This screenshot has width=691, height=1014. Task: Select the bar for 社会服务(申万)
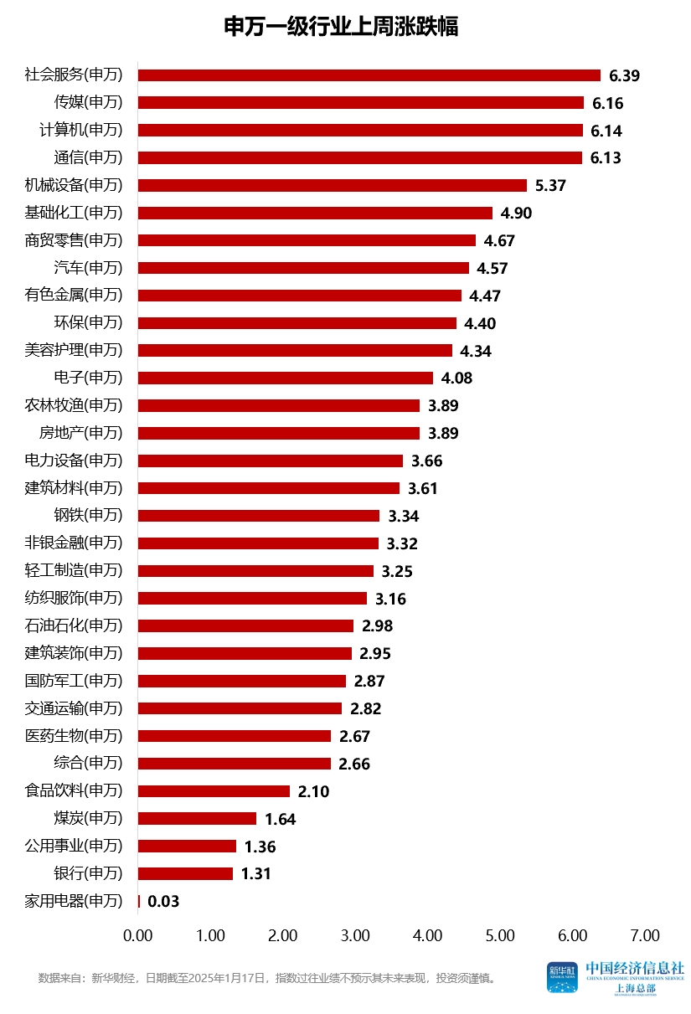pyautogui.click(x=369, y=75)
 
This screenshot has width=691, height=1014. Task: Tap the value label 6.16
pyautogui.click(x=608, y=103)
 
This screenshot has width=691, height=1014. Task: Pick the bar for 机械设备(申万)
pyautogui.click(x=332, y=185)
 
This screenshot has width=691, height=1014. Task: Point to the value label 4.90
pyautogui.click(x=516, y=213)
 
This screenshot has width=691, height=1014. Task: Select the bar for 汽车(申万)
pyautogui.click(x=303, y=268)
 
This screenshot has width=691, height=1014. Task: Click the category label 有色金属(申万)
pyautogui.click(x=74, y=296)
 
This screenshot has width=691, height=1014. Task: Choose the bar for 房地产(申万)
pyautogui.click(x=278, y=433)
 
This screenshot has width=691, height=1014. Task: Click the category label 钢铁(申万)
pyautogui.click(x=87, y=516)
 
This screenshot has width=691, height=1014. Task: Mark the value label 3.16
pyautogui.click(x=390, y=599)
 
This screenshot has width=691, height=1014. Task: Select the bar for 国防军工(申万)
pyautogui.click(x=241, y=681)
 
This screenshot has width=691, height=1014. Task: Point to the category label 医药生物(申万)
pyautogui.click(x=74, y=736)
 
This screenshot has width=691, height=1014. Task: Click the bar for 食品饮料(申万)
pyautogui.click(x=214, y=791)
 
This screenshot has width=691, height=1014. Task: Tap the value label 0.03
pyautogui.click(x=163, y=902)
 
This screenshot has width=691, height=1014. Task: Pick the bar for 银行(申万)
pyautogui.click(x=185, y=873)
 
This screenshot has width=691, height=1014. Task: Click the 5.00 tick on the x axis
pyautogui.click(x=501, y=935)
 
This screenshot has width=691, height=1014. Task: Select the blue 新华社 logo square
pyautogui.click(x=563, y=977)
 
